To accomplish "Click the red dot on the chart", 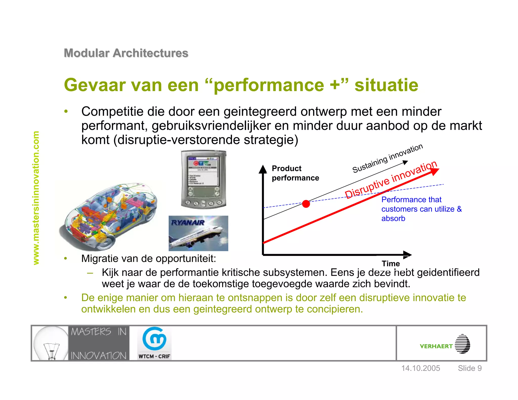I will click(x=306, y=204).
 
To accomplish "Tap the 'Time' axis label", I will click(x=391, y=264).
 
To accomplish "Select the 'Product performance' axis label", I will click(x=295, y=173).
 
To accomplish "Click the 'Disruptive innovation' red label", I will click(x=391, y=180).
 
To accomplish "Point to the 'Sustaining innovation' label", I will click(x=387, y=158).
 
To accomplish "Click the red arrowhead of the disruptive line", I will click(x=434, y=172).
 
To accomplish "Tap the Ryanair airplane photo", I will click(x=198, y=233).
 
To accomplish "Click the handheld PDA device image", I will click(x=204, y=179).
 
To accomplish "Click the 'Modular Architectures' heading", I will click(x=126, y=53).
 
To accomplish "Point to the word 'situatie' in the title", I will click(x=386, y=85).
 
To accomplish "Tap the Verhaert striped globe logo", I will click(x=462, y=344).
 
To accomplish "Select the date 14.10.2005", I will click(x=421, y=368).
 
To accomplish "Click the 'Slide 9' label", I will click(x=470, y=368).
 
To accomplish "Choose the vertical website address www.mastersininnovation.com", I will click(x=36, y=198).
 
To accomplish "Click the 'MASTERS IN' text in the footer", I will click(x=99, y=332).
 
